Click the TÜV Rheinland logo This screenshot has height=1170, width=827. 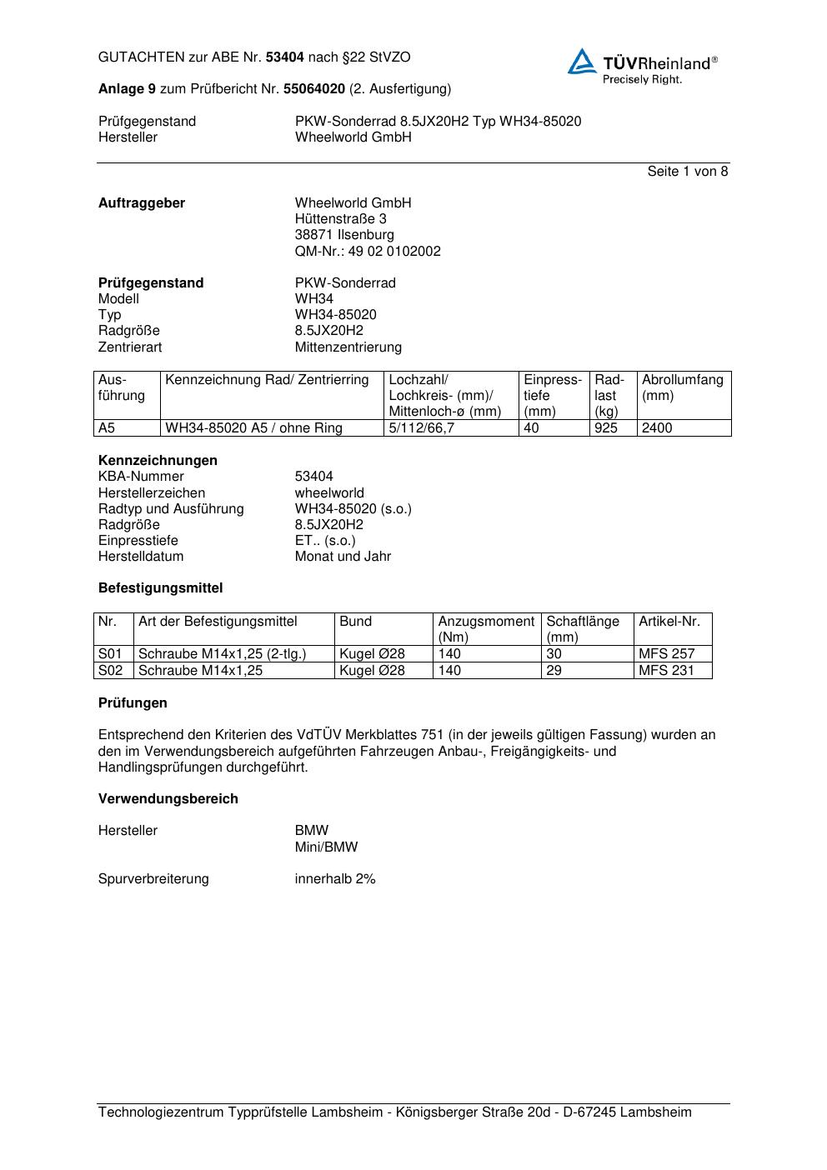tap(642, 66)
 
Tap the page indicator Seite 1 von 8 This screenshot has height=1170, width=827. tap(687, 172)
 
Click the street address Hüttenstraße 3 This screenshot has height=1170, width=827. tap(340, 219)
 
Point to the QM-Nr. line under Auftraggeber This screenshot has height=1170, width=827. tap(368, 252)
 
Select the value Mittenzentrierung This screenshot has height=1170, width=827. tap(348, 347)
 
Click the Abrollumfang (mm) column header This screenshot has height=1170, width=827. tap(683, 387)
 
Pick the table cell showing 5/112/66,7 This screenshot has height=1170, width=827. tap(422, 428)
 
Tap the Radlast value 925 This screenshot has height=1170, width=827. tap(606, 428)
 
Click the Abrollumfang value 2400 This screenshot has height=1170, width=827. tap(657, 428)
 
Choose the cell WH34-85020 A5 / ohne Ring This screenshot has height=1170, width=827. tap(265, 428)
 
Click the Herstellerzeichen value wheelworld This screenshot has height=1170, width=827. tap(329, 493)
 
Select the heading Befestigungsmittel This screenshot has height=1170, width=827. tap(160, 588)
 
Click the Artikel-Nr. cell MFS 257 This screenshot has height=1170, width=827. tap(666, 654)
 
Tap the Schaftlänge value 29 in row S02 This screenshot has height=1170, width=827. tap(554, 671)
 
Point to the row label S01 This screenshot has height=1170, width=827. tap(110, 654)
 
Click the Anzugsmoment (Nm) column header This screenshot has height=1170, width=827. tap(486, 629)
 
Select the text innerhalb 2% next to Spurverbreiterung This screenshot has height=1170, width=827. tap(335, 879)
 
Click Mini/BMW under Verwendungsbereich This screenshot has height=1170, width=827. tap(326, 847)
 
